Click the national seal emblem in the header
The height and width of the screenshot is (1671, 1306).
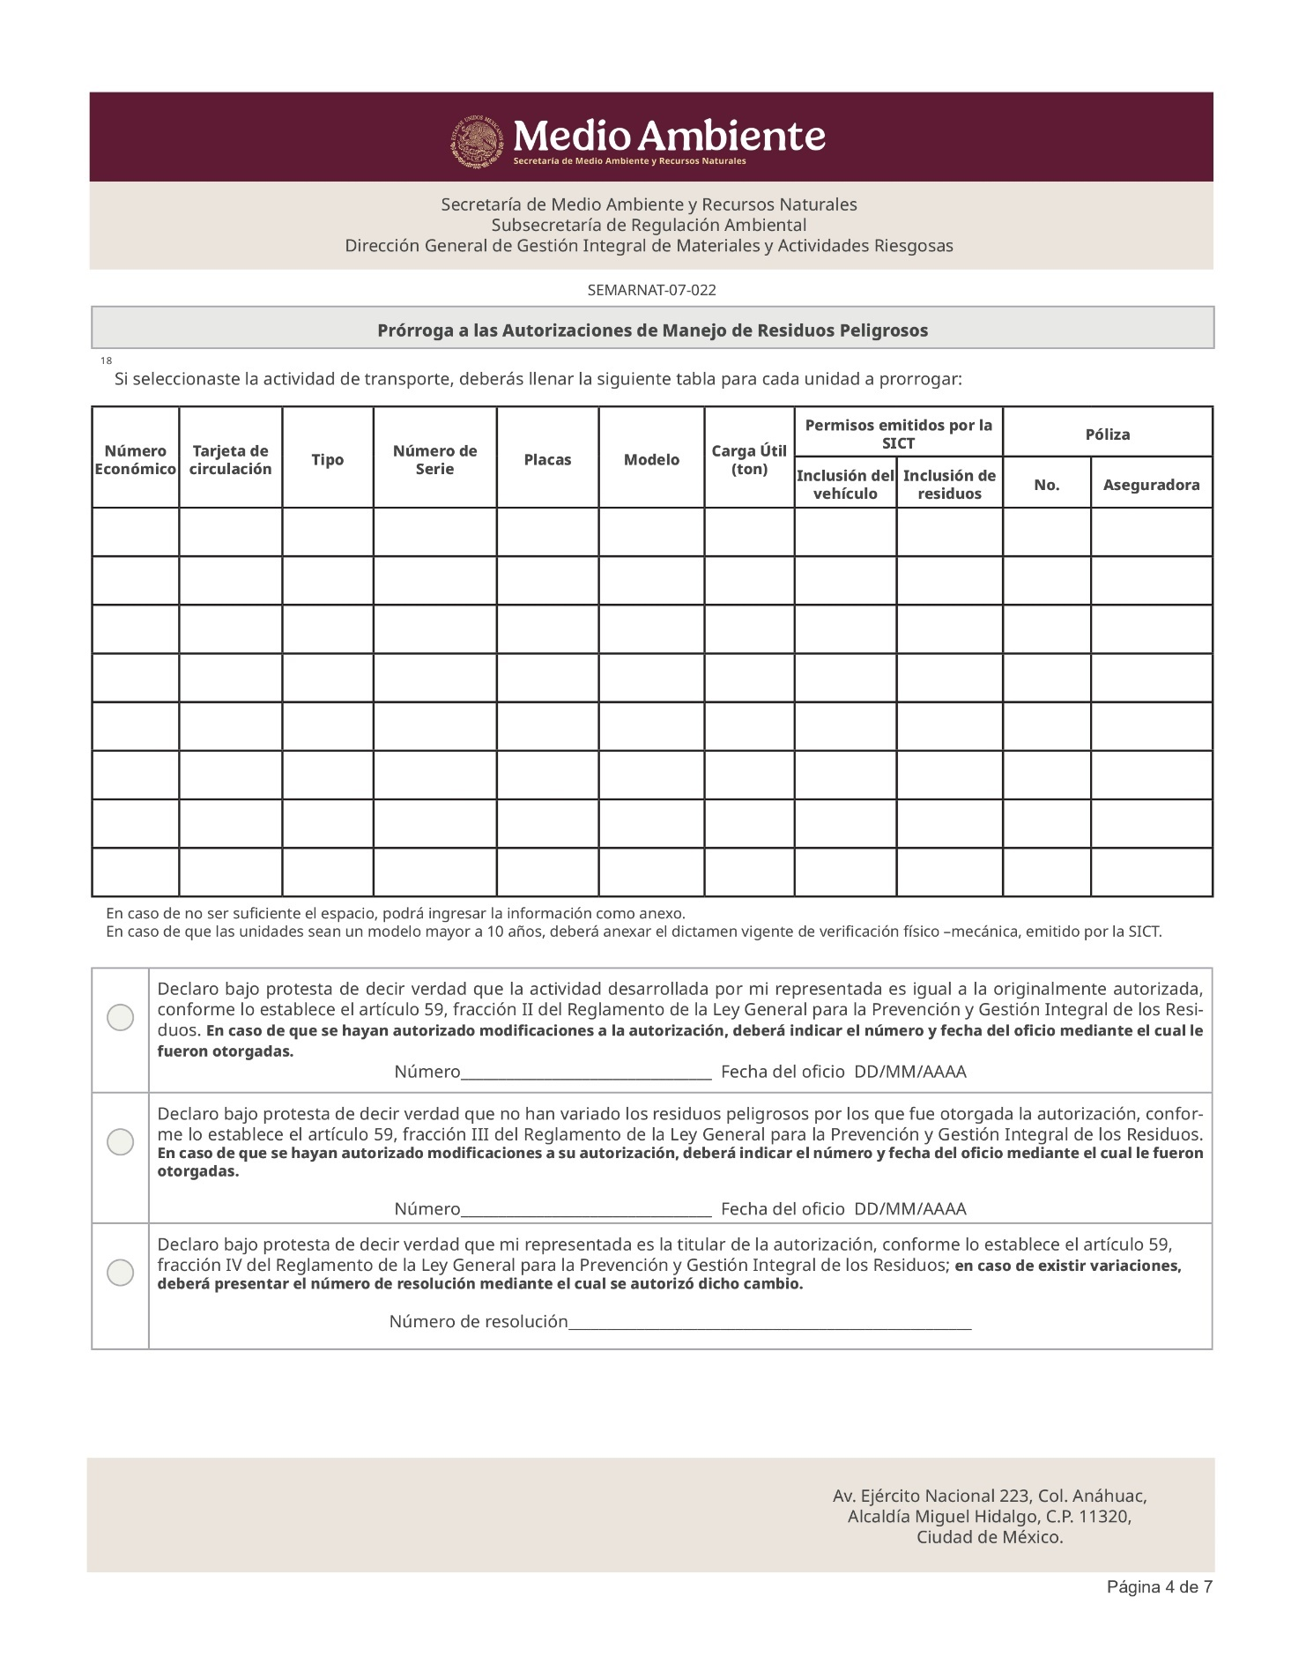click(x=479, y=141)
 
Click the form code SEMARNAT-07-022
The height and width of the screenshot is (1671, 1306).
click(x=651, y=290)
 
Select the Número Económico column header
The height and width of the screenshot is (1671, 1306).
click(x=135, y=460)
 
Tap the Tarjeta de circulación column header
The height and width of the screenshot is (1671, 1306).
click(x=230, y=460)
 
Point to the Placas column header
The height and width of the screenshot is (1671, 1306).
click(x=547, y=460)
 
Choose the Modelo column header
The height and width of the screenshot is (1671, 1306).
click(x=651, y=460)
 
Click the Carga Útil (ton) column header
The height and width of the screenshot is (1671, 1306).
click(x=749, y=460)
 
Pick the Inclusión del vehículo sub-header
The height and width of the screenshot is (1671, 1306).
click(x=845, y=485)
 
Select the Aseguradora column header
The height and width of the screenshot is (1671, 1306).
click(x=1151, y=485)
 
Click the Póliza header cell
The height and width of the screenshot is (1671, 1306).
click(x=1107, y=434)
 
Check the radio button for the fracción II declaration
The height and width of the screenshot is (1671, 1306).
click(x=120, y=1018)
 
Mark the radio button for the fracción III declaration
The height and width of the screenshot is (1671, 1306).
click(x=120, y=1142)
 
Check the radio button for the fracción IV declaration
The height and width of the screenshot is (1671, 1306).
click(x=120, y=1273)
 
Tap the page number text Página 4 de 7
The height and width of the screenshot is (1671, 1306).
click(x=1159, y=1587)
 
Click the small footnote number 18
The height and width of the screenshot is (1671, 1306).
click(x=106, y=361)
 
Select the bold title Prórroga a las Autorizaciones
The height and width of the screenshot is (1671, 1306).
click(x=652, y=330)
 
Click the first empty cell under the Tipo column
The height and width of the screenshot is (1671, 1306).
click(x=327, y=532)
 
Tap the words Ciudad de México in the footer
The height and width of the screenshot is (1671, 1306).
click(x=990, y=1538)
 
